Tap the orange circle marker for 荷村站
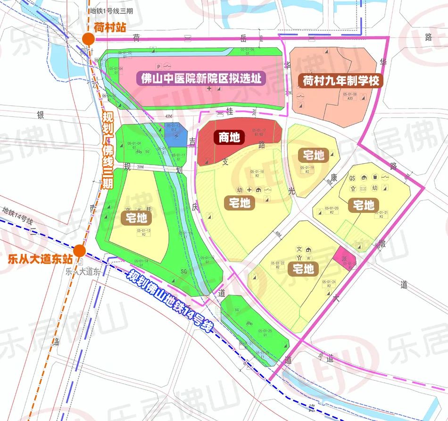tap(88, 39)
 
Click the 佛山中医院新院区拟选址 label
tap(201, 78)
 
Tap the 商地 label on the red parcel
tap(229, 137)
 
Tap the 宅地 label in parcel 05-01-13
tap(137, 218)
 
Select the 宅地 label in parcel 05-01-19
tap(314, 155)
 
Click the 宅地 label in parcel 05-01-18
tap(239, 203)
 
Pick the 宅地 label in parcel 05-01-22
tap(303, 269)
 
